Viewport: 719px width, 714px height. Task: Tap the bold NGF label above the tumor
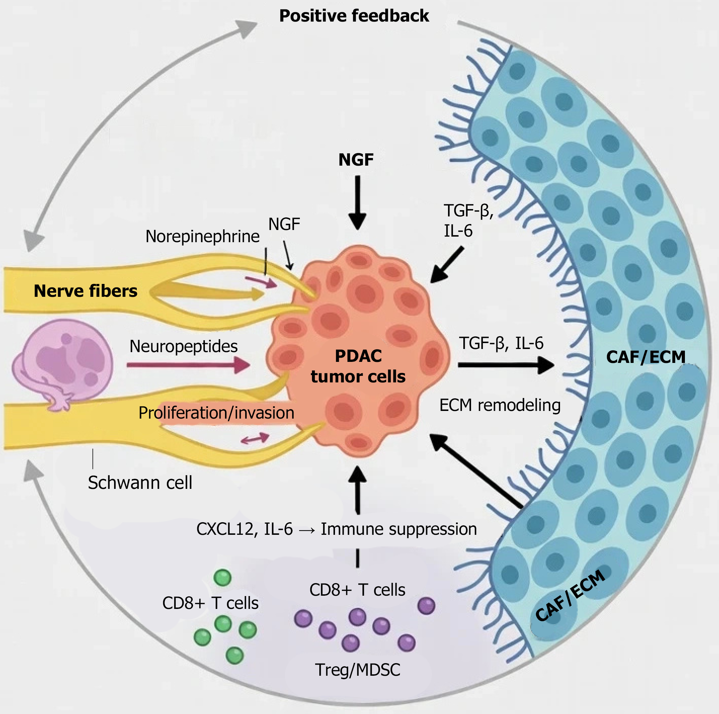tap(356, 160)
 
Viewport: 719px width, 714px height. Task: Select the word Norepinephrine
tap(202, 236)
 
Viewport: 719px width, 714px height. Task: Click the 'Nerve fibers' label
tap(86, 291)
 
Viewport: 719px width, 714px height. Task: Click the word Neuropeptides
tap(183, 346)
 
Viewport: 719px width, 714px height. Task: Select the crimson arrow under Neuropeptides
tap(188, 365)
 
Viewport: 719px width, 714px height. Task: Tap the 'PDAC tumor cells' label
tap(358, 366)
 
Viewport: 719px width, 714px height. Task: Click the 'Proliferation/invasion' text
tap(216, 413)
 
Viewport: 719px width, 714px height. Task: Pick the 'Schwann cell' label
tap(140, 483)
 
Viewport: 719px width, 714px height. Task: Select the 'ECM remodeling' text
tap(500, 405)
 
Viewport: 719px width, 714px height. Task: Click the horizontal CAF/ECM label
tap(646, 357)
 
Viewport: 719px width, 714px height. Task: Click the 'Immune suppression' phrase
tap(399, 529)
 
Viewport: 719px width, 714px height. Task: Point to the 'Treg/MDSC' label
tap(358, 670)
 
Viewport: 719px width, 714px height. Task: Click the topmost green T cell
tap(223, 578)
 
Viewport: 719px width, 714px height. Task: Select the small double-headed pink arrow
tap(255, 438)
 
